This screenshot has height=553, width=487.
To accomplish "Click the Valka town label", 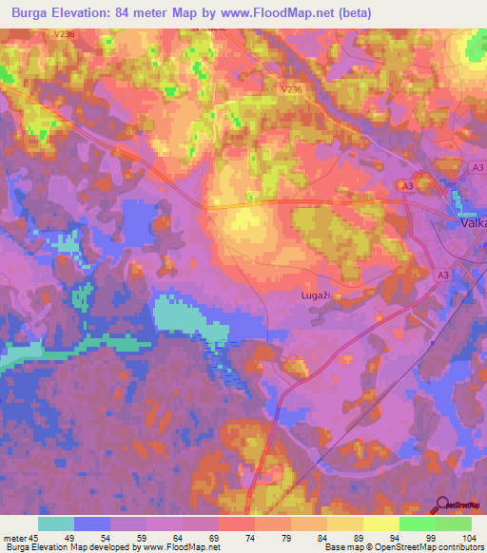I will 470,223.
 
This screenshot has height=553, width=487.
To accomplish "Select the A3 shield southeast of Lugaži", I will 442,274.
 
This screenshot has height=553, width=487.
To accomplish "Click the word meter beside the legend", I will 15,538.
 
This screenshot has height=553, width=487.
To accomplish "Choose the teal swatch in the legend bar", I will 56,524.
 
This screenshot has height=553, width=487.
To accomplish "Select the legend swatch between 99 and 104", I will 454,524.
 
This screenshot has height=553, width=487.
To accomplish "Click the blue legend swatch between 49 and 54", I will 92,524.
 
